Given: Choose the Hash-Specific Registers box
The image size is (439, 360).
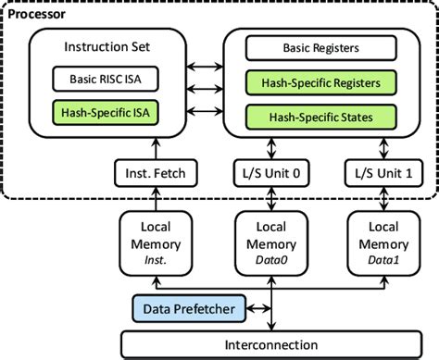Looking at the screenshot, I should pyautogui.click(x=314, y=83).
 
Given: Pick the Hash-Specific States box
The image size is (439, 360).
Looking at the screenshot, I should pyautogui.click(x=314, y=117).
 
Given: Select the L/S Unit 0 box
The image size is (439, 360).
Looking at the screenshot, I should pyautogui.click(x=270, y=171).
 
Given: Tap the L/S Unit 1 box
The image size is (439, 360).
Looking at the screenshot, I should pyautogui.click(x=381, y=171).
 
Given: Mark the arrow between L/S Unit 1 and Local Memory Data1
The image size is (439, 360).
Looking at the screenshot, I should pyautogui.click(x=381, y=198).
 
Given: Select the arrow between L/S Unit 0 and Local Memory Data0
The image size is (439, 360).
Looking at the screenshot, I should pyautogui.click(x=270, y=198).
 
